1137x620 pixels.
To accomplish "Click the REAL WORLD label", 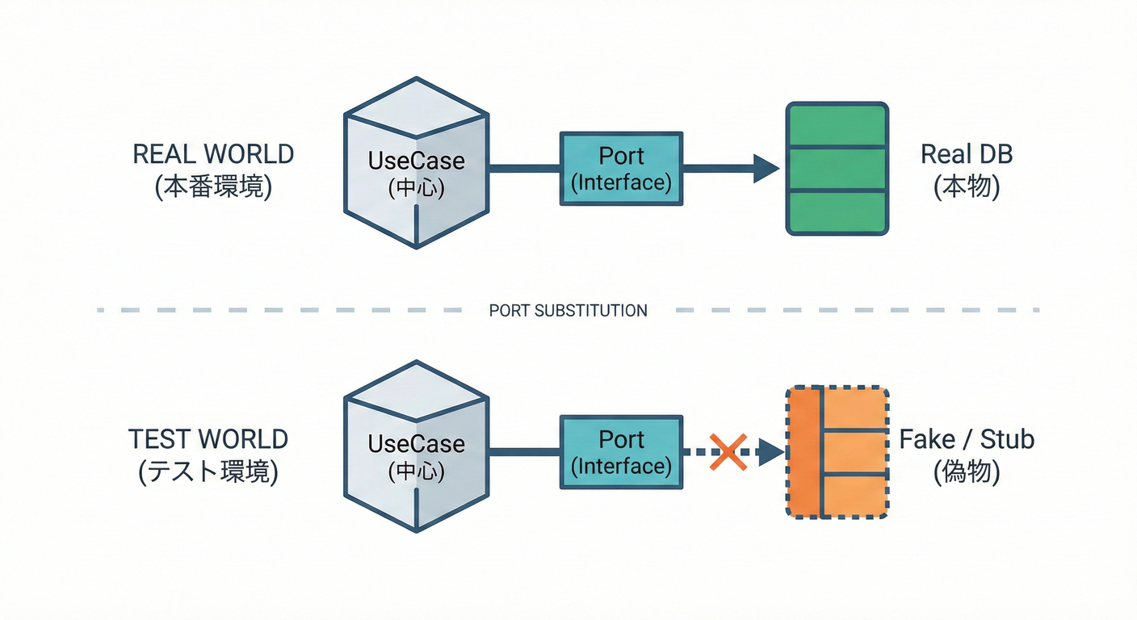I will tap(213, 154).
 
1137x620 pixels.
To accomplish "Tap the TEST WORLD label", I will tap(208, 439).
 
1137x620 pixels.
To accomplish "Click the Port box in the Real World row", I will tap(621, 169).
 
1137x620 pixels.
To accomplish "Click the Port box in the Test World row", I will tap(621, 452).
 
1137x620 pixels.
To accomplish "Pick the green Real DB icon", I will tap(837, 169).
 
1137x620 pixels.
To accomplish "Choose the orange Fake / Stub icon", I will tap(837, 452).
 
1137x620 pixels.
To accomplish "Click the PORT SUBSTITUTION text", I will tap(568, 310).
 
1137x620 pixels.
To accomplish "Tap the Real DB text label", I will tap(967, 154).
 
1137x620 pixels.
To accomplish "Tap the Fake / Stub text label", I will tap(967, 439).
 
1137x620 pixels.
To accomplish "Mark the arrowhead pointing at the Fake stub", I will tap(771, 452).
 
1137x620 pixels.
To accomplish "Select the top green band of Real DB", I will tap(837, 125).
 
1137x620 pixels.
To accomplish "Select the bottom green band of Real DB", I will tap(837, 212).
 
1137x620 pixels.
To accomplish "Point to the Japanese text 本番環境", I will tap(213, 187).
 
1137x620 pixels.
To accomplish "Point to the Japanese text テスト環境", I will tap(208, 472).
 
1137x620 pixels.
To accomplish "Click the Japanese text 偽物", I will tap(967, 472).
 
